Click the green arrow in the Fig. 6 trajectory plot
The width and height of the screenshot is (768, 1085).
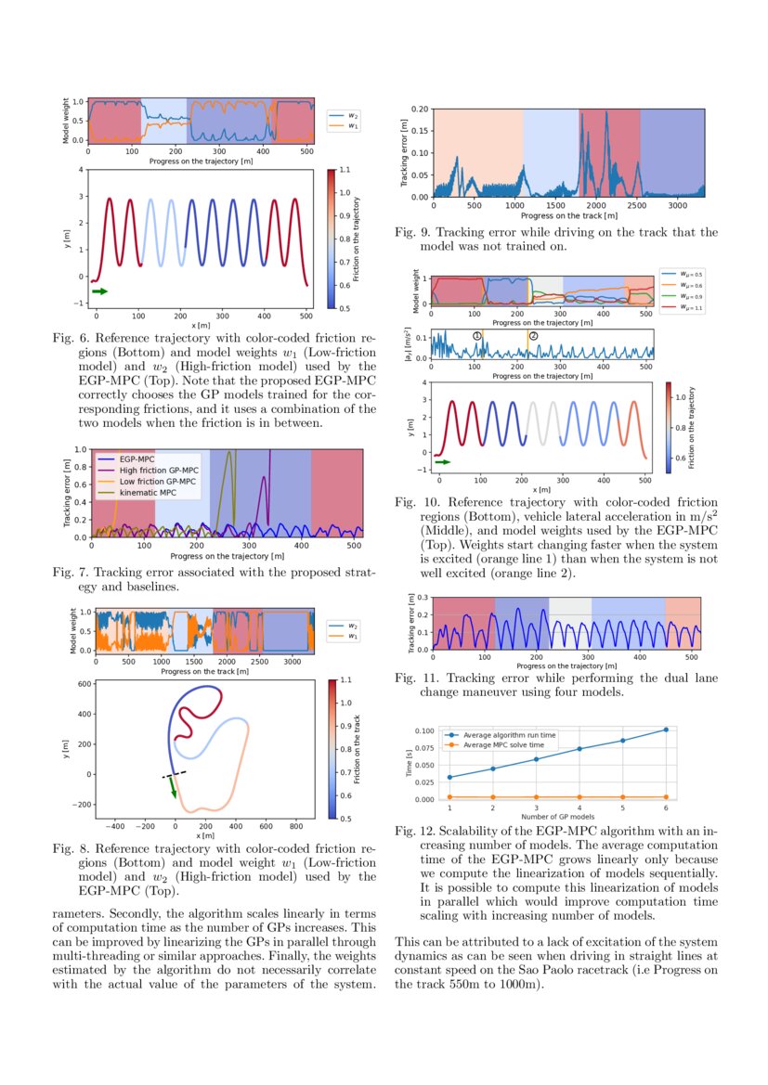(99, 291)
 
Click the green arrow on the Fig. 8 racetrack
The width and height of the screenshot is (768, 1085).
(172, 788)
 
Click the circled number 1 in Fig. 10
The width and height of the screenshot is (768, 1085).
(477, 336)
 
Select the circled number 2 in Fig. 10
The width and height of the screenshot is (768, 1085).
(533, 336)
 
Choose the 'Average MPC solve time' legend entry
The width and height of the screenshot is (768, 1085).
(503, 744)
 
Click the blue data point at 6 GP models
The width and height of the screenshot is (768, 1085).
(665, 730)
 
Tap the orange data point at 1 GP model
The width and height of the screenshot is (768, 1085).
(449, 796)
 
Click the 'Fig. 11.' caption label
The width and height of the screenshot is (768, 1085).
(410, 678)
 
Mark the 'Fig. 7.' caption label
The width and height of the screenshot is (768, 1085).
(69, 573)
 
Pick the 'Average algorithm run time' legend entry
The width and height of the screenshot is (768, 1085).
(509, 734)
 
